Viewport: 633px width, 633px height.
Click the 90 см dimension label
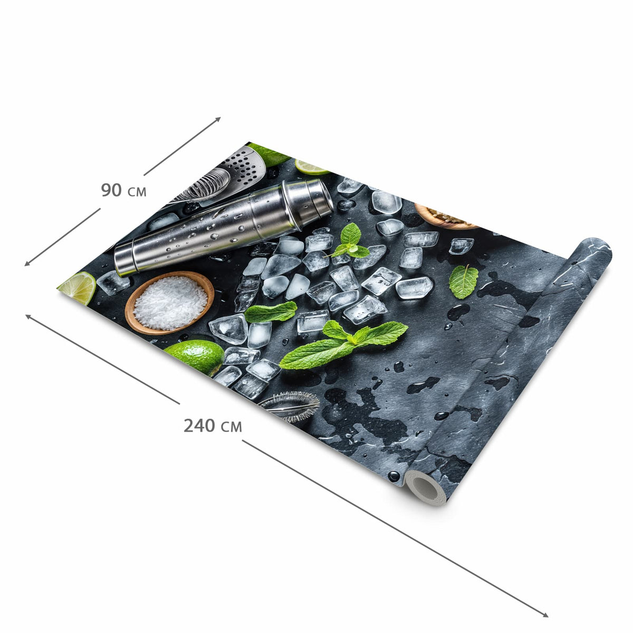[x=123, y=190]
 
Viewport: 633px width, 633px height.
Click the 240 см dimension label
[x=213, y=425]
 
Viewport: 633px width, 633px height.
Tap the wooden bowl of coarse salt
[x=169, y=302]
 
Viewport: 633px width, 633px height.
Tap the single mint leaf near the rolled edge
[x=463, y=282]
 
